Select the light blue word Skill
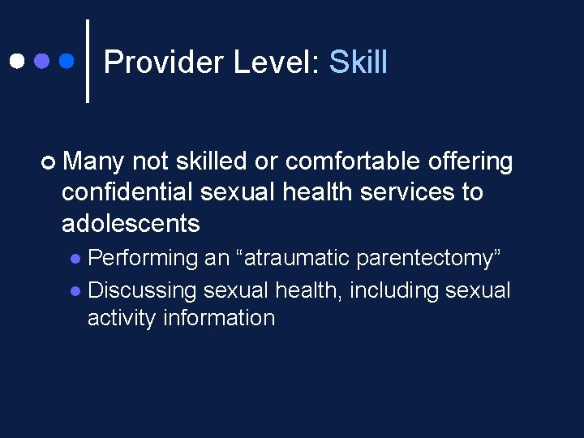click(x=358, y=62)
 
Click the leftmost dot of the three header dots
click(x=17, y=61)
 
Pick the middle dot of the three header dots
click(x=42, y=61)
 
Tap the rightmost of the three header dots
click(x=67, y=61)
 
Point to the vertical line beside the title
click(x=88, y=61)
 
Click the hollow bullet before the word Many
click(x=51, y=163)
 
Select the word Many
click(x=92, y=162)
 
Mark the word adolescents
click(x=131, y=222)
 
